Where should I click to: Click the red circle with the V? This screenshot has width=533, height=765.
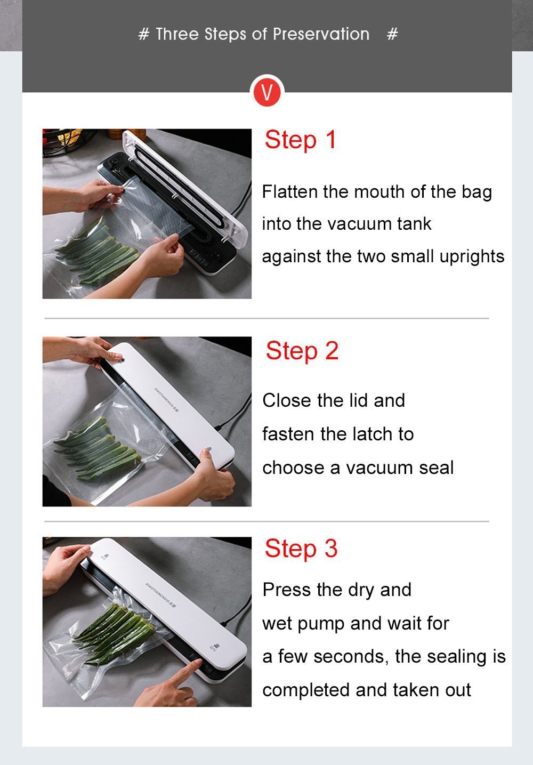click(267, 92)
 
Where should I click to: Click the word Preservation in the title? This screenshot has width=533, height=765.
click(321, 34)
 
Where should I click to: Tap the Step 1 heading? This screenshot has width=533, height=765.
click(301, 140)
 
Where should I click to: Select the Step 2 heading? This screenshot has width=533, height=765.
click(302, 351)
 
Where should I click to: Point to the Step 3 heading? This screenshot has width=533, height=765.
click(301, 548)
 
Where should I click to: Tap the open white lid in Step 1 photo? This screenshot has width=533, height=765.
click(186, 186)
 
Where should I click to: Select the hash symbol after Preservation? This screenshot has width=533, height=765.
click(392, 34)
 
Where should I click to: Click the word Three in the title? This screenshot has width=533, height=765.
click(177, 34)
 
